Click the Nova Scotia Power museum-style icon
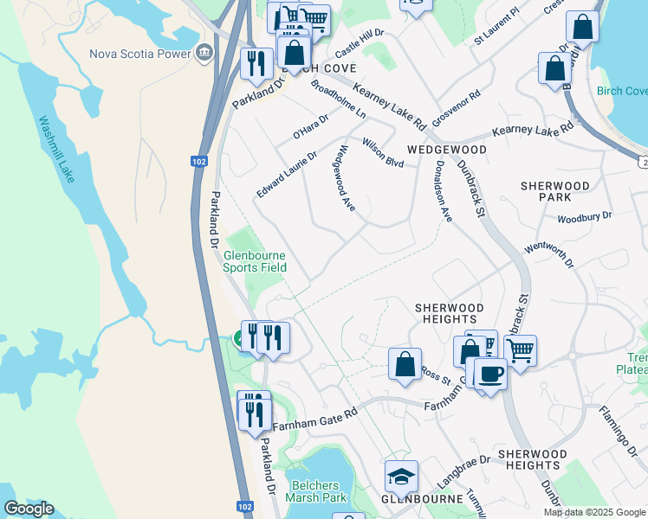point(204,54)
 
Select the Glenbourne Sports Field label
point(255,261)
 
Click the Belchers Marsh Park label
point(319,490)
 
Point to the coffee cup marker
point(490,375)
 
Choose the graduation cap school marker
point(401,477)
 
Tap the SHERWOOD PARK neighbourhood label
point(555,192)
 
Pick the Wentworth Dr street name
point(549,255)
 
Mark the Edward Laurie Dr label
point(287,174)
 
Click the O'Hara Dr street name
point(311,127)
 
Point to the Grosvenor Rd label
point(456,109)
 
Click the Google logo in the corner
point(29,509)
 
